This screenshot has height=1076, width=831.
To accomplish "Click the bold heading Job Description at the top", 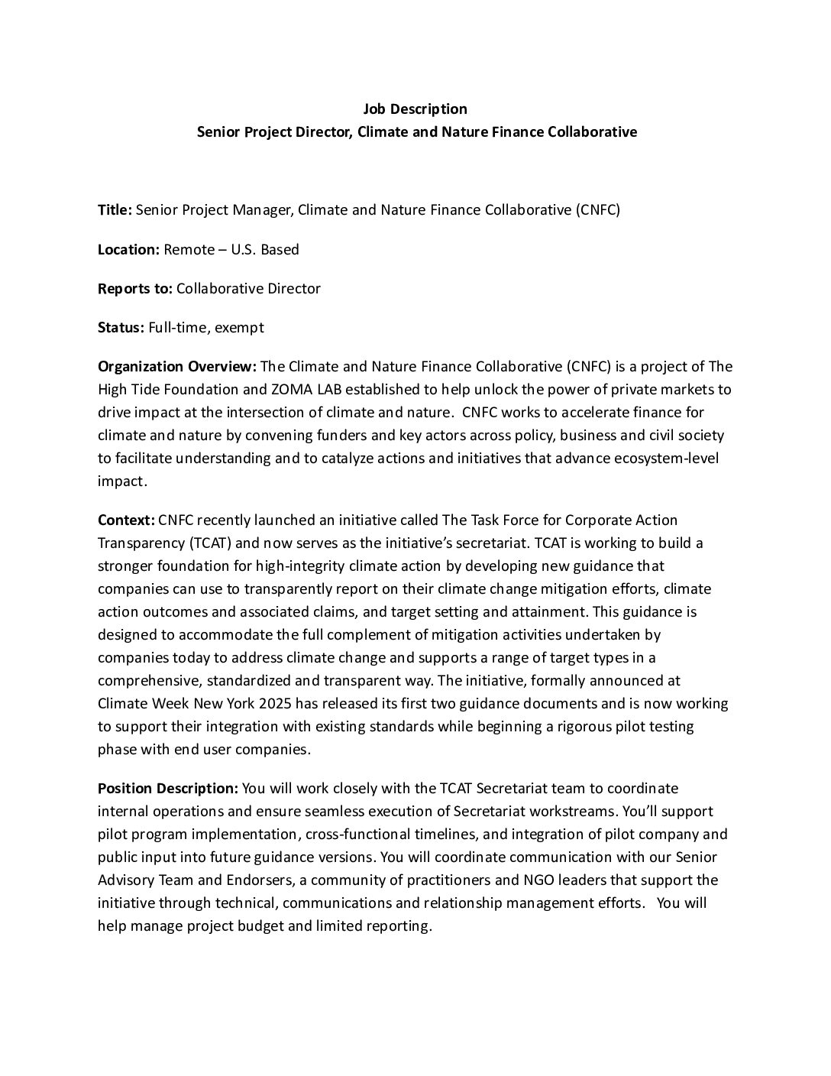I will click(x=415, y=109).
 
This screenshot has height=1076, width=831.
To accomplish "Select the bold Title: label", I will click(x=115, y=210).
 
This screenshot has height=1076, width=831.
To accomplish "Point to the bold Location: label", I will click(x=128, y=249).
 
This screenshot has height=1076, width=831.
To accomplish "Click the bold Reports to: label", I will click(x=135, y=289).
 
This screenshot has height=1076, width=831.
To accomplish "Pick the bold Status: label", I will click(x=121, y=328).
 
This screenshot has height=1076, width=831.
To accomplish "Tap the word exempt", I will click(x=240, y=328).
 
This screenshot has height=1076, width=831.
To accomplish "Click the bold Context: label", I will click(x=126, y=520).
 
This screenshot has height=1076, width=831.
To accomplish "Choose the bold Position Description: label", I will click(x=168, y=788).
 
